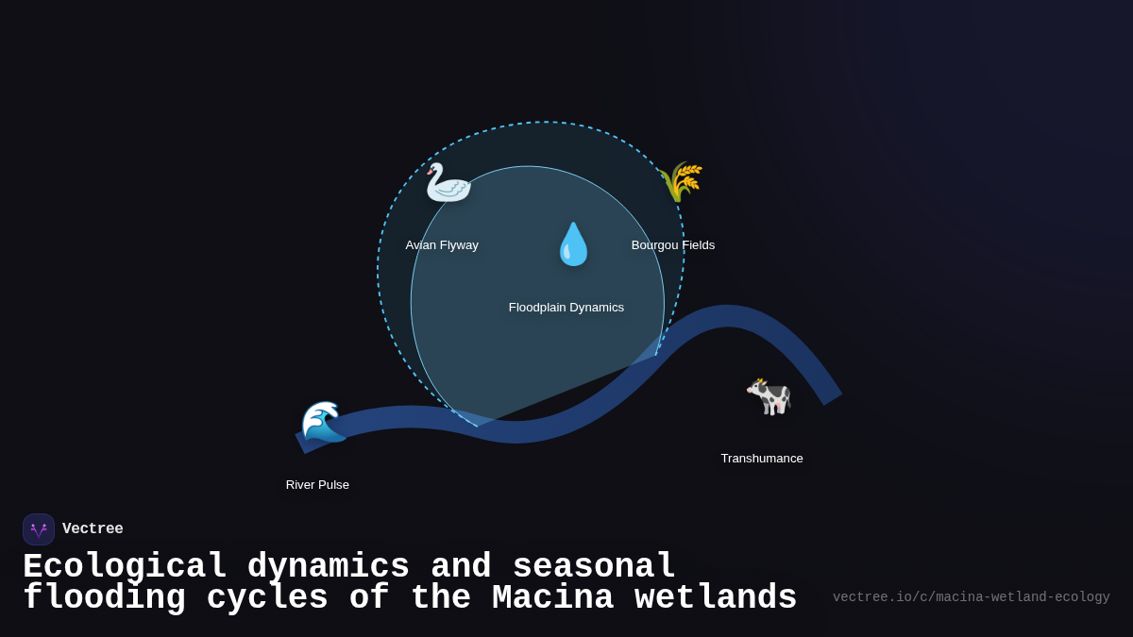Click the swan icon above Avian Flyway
click(448, 182)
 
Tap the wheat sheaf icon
click(681, 181)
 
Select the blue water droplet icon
click(572, 244)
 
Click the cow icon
click(768, 396)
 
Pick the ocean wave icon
click(324, 422)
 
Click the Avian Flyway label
click(442, 245)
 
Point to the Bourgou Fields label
click(673, 245)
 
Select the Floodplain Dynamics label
click(566, 308)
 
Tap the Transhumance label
click(762, 459)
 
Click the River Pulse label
click(317, 485)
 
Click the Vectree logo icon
click(39, 529)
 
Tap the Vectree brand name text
click(93, 529)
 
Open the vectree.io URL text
click(971, 597)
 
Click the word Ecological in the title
click(125, 567)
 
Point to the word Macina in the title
click(552, 598)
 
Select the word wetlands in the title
click(716, 598)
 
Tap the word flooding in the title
click(104, 598)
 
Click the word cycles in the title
click(267, 598)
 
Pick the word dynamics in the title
click(328, 567)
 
